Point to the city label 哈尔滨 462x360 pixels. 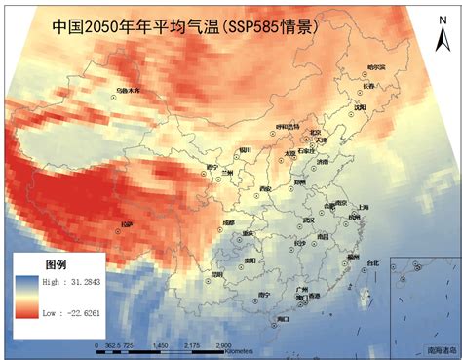[376, 67]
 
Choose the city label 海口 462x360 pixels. [283, 318]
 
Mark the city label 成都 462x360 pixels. [228, 222]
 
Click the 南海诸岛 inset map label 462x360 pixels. [441, 347]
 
